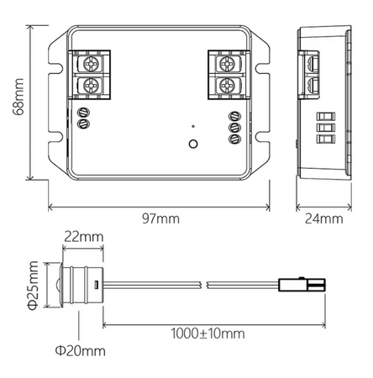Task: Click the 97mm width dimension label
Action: [x=160, y=219]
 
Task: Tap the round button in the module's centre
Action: [x=192, y=144]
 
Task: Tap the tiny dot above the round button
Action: [x=192, y=126]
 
